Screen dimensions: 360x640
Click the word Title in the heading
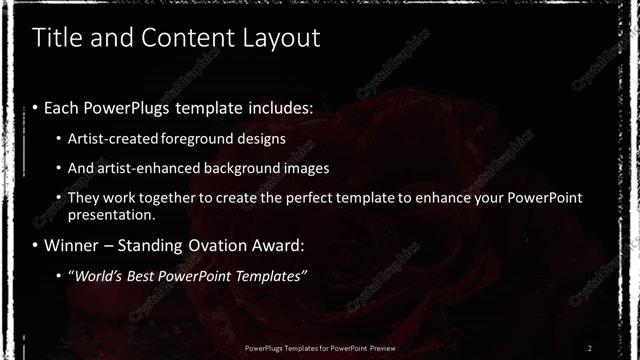tap(56, 39)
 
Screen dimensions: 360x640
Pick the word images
tap(306, 168)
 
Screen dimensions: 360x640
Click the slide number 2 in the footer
tap(590, 347)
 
